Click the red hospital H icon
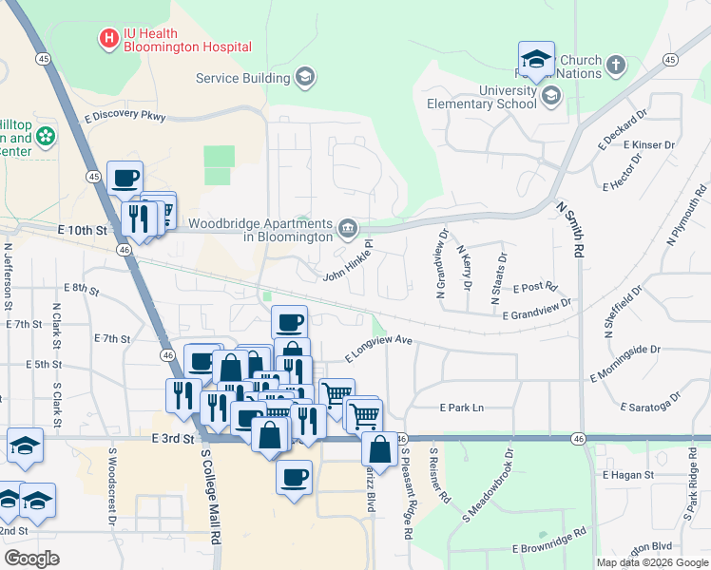[x=109, y=39]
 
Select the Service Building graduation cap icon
[x=305, y=78]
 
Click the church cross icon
[x=616, y=66]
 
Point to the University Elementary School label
[x=481, y=97]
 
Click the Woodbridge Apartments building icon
[x=348, y=228]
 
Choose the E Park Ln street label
[x=461, y=408]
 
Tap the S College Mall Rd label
[x=212, y=494]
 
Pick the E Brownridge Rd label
[x=547, y=549]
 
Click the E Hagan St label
[x=627, y=474]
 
